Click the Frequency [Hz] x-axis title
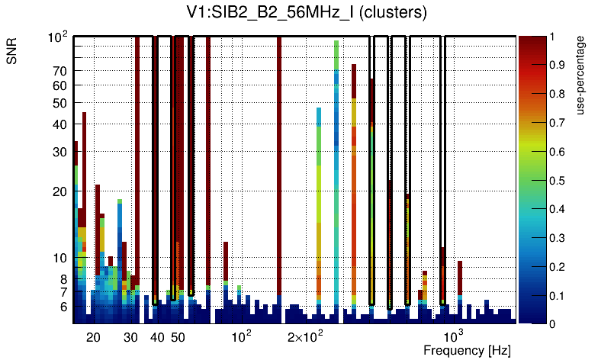pos(467,350)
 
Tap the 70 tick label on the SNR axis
pos(60,71)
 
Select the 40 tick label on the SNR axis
pos(60,124)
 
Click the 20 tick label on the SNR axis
pos(60,191)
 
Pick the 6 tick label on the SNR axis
pos(64,307)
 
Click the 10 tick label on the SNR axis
pos(60,259)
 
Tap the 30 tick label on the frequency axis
pos(131,337)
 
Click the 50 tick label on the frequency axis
pos(178,337)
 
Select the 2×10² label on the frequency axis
pos(306,336)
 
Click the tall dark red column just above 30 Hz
pos(137,153)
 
